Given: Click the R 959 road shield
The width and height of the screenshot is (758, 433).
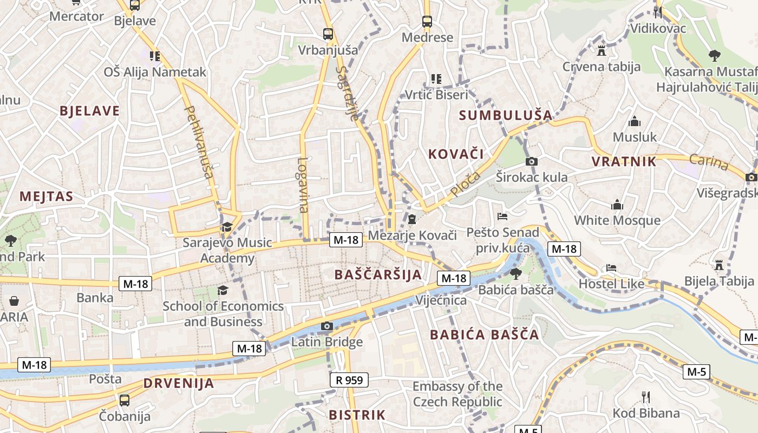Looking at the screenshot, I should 349,380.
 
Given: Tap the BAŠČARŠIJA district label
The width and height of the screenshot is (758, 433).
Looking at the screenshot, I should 378,274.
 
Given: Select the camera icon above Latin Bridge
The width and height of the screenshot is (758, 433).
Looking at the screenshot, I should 326,326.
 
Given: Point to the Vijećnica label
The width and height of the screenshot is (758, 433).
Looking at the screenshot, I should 441,300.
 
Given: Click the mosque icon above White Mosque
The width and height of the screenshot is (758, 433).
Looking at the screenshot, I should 617,205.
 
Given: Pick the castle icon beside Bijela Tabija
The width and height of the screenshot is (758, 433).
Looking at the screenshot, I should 719,265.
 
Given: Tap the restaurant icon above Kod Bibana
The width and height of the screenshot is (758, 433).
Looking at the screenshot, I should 645,397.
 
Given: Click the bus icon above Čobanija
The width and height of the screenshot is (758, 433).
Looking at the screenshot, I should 124,401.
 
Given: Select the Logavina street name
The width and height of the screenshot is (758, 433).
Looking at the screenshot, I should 303,185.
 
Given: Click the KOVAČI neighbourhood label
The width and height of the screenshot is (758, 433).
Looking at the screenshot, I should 456,154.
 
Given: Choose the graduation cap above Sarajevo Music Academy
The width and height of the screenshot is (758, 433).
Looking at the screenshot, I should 226,227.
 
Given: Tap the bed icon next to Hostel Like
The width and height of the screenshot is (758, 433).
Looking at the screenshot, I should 611,268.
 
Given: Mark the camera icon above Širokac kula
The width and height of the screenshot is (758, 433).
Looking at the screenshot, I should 532,161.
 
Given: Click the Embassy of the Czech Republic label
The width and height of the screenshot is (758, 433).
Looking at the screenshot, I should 458,394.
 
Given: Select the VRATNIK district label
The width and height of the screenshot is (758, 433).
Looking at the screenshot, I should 624,161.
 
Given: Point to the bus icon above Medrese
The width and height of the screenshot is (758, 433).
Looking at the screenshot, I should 427,22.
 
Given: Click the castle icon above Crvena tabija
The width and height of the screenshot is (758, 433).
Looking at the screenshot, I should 600,51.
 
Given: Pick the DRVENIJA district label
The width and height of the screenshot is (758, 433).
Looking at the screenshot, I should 179,384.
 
